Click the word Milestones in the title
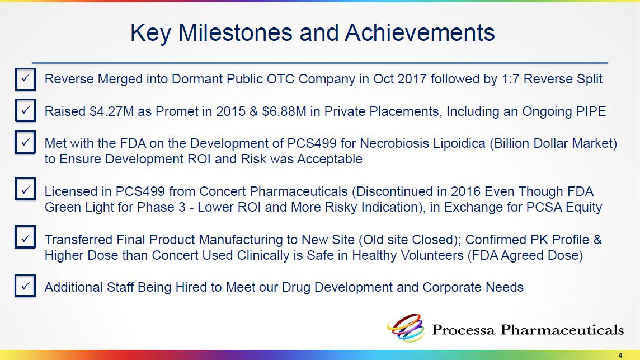click(x=235, y=32)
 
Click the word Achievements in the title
click(x=420, y=32)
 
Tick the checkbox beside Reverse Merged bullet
click(x=26, y=79)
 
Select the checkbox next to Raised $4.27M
click(x=26, y=111)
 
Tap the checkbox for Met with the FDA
click(x=26, y=143)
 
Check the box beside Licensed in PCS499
click(x=26, y=189)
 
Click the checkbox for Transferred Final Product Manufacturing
click(x=26, y=237)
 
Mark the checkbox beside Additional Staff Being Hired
click(x=26, y=286)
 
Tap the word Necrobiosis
click(x=393, y=143)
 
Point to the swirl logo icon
click(x=406, y=328)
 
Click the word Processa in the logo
click(x=463, y=330)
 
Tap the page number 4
click(x=620, y=356)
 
